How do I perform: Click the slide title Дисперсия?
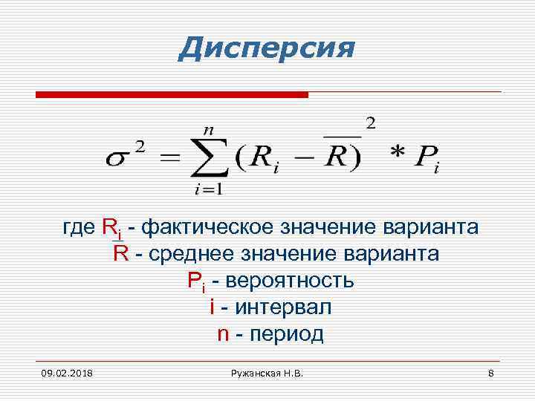pyautogui.click(x=267, y=49)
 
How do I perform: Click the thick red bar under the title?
pyautogui.click(x=172, y=95)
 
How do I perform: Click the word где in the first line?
pyautogui.click(x=79, y=226)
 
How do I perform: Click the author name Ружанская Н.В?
pyautogui.click(x=267, y=371)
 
